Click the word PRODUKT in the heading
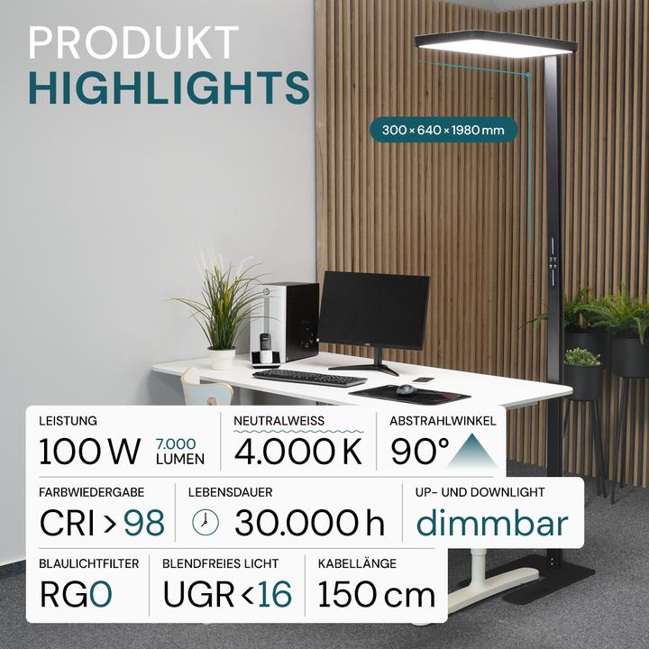point(133,43)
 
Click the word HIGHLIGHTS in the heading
point(169,88)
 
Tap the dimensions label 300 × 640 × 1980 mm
point(443,130)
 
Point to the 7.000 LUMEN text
point(179,451)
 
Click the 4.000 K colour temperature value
point(298,451)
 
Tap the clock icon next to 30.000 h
point(206,522)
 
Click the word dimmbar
point(492,522)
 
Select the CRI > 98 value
point(102,522)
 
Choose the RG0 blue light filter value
point(76,594)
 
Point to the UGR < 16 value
point(227,594)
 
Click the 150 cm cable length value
point(377,594)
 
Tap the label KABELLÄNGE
point(359,563)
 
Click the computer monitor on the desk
point(373,312)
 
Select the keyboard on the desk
point(309,377)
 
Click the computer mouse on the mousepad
point(407,389)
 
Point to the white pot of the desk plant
point(222,358)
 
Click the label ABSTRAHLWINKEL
point(443,421)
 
